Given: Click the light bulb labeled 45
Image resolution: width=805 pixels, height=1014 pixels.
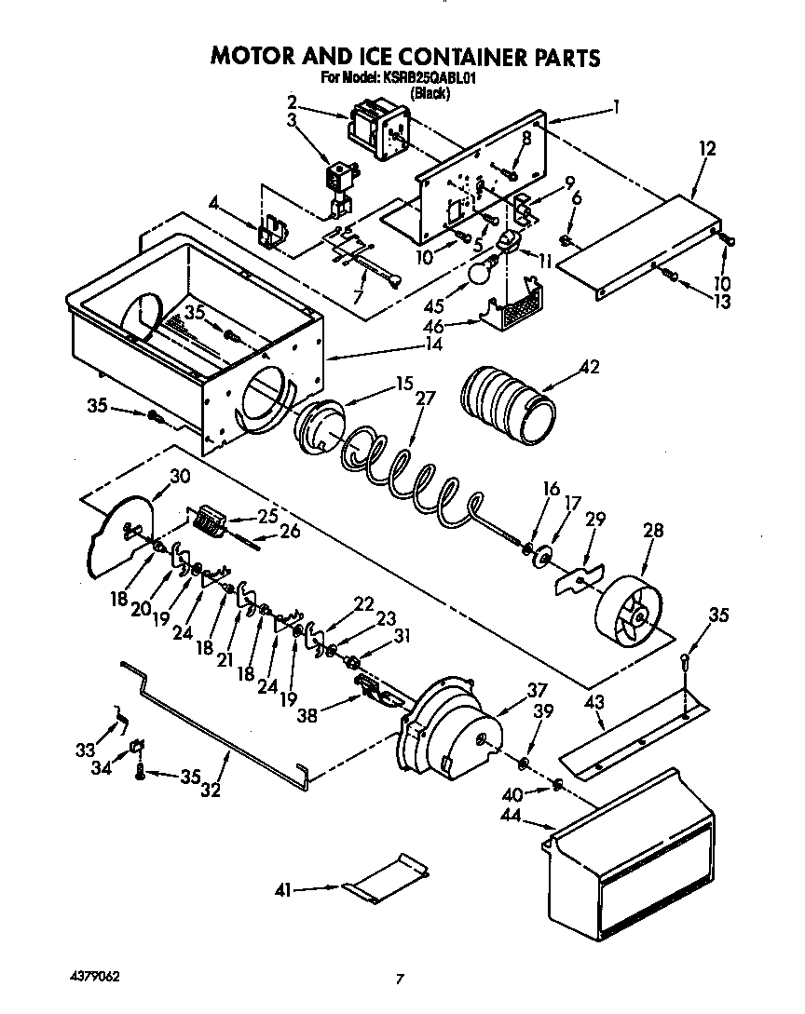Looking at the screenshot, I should [x=478, y=272].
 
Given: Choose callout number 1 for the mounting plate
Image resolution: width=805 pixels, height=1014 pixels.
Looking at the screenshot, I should [x=615, y=107].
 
